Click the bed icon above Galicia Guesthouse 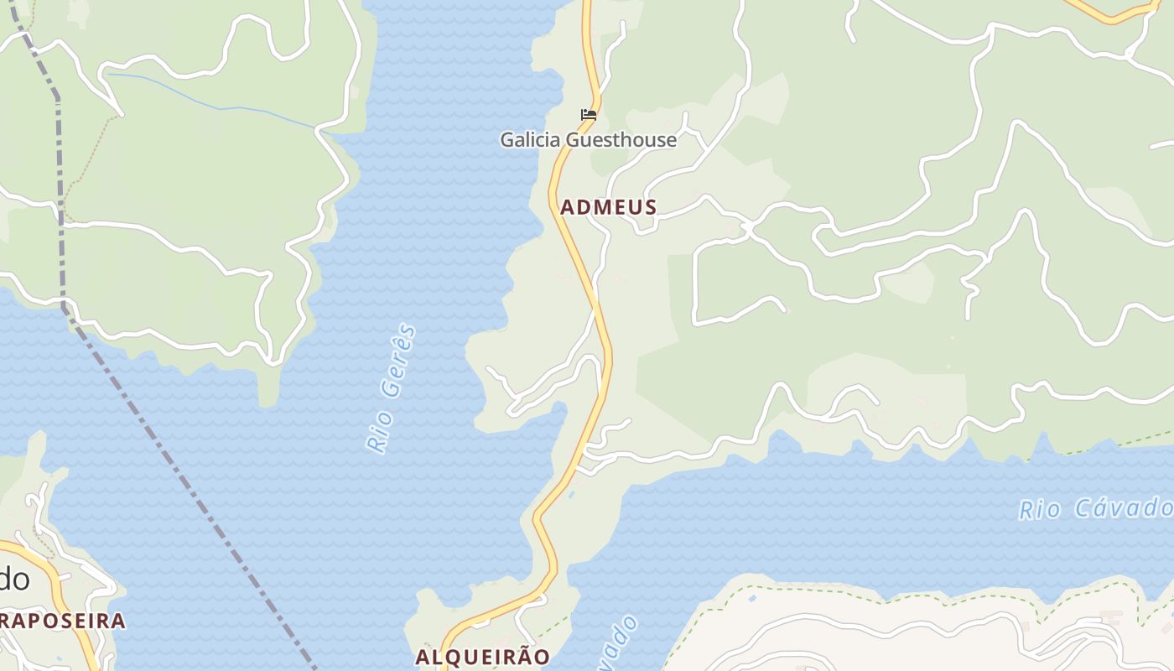[589, 115]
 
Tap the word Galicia [531, 140]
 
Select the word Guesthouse [621, 140]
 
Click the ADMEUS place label [608, 207]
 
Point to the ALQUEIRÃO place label [483, 657]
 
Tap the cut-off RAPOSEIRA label [62, 622]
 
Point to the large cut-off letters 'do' [14, 579]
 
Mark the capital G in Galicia [508, 140]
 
